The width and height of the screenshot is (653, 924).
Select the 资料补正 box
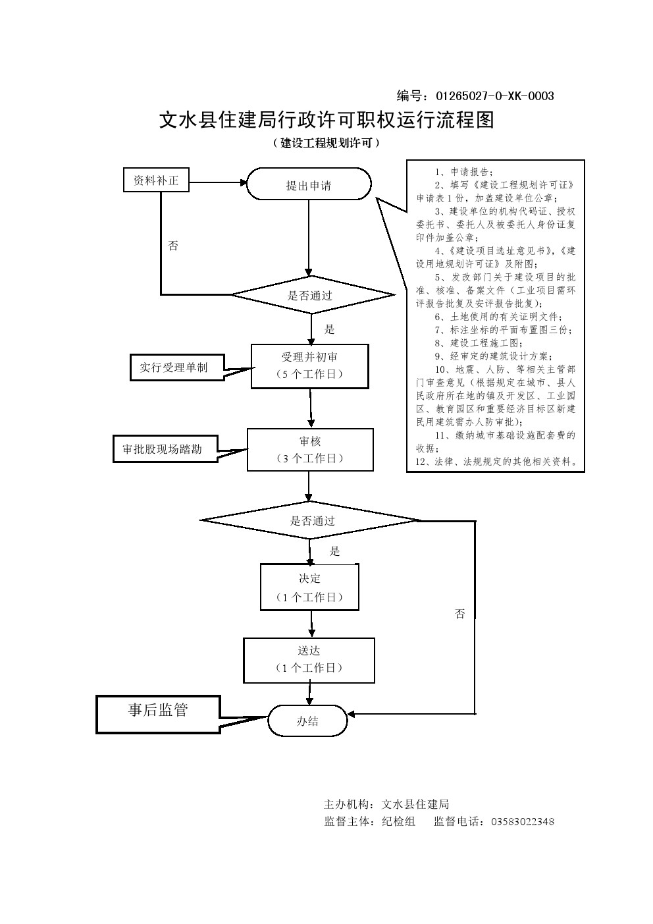(x=156, y=180)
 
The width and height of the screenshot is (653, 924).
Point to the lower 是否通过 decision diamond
(x=312, y=520)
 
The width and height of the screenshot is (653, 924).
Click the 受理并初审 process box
(x=309, y=366)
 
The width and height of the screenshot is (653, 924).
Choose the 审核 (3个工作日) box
(x=309, y=450)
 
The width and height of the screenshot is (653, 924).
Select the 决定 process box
(x=309, y=587)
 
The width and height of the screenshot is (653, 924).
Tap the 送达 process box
(x=309, y=659)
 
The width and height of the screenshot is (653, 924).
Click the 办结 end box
(x=307, y=720)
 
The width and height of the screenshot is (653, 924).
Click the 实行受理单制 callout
(x=173, y=367)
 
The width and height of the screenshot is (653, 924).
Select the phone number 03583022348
(x=519, y=821)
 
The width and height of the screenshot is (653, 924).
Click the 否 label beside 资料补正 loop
(x=173, y=246)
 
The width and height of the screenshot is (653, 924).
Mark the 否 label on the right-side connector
(x=459, y=614)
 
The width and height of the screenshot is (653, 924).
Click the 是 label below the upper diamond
(x=330, y=329)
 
